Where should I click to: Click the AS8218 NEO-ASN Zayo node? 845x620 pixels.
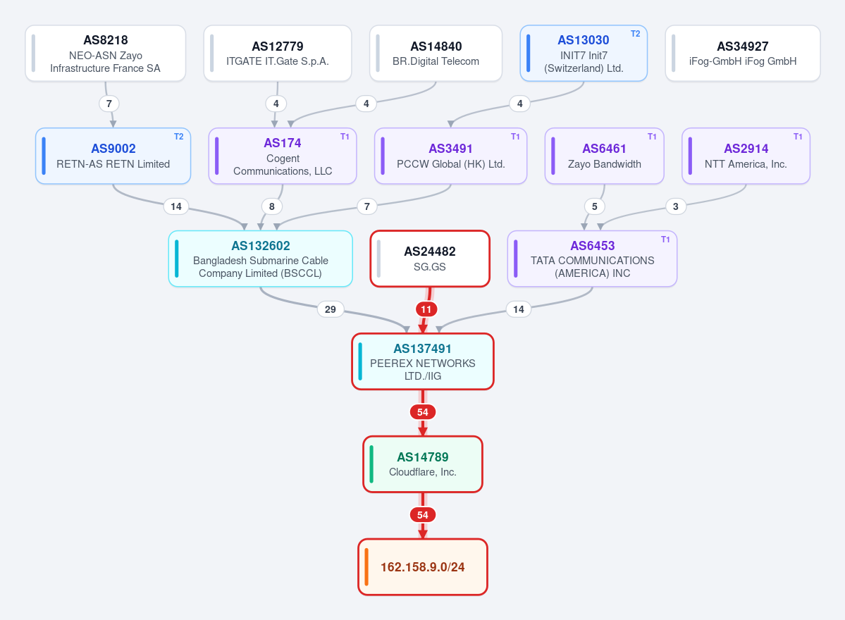click(x=106, y=54)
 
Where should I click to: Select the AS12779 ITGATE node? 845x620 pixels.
click(x=278, y=54)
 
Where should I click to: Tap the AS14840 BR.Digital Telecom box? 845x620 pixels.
click(x=436, y=54)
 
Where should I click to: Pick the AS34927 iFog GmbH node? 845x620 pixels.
click(x=743, y=54)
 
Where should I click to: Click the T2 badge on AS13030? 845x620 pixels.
click(x=636, y=34)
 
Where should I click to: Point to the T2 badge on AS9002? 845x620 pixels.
click(x=178, y=137)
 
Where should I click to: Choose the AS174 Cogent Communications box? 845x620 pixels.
click(x=283, y=156)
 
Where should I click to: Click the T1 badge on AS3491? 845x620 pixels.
click(x=515, y=137)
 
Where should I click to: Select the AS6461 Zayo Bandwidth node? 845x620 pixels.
click(x=604, y=156)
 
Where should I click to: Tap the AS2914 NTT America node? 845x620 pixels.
click(x=746, y=156)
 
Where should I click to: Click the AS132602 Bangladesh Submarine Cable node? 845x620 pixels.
click(x=260, y=259)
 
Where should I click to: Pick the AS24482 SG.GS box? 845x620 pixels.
click(x=429, y=259)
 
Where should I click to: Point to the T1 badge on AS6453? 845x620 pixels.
click(x=665, y=239)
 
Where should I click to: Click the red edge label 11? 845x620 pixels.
click(x=426, y=309)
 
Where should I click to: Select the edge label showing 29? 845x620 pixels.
click(x=331, y=309)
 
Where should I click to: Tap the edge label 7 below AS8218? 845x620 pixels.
click(x=109, y=104)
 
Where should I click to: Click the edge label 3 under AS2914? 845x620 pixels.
click(x=676, y=206)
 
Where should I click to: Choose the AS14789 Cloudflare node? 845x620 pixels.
click(x=423, y=464)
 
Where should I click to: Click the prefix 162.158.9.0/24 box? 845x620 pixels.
click(x=423, y=567)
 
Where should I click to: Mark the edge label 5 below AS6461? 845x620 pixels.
click(x=595, y=206)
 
